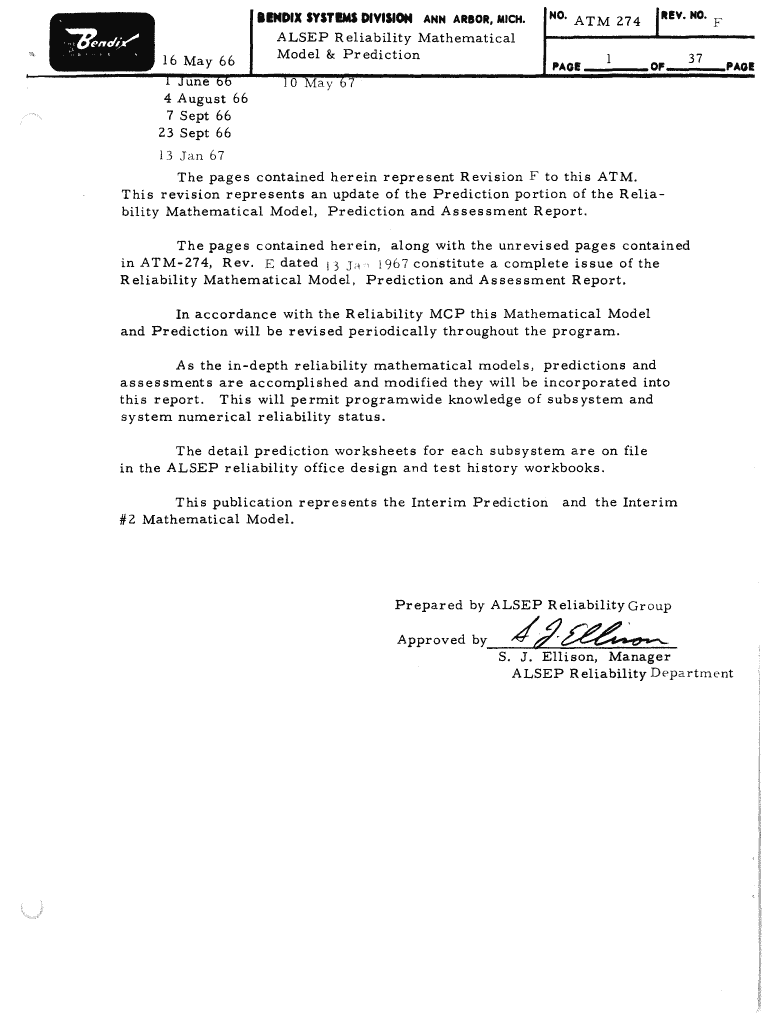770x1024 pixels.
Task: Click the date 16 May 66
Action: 198,62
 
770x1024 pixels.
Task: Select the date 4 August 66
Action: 205,99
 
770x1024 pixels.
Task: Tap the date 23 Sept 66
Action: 194,133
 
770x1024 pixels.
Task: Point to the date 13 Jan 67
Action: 192,155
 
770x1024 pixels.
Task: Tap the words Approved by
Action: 441,640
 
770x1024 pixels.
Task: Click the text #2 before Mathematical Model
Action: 127,519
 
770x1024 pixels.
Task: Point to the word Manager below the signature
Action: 641,657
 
